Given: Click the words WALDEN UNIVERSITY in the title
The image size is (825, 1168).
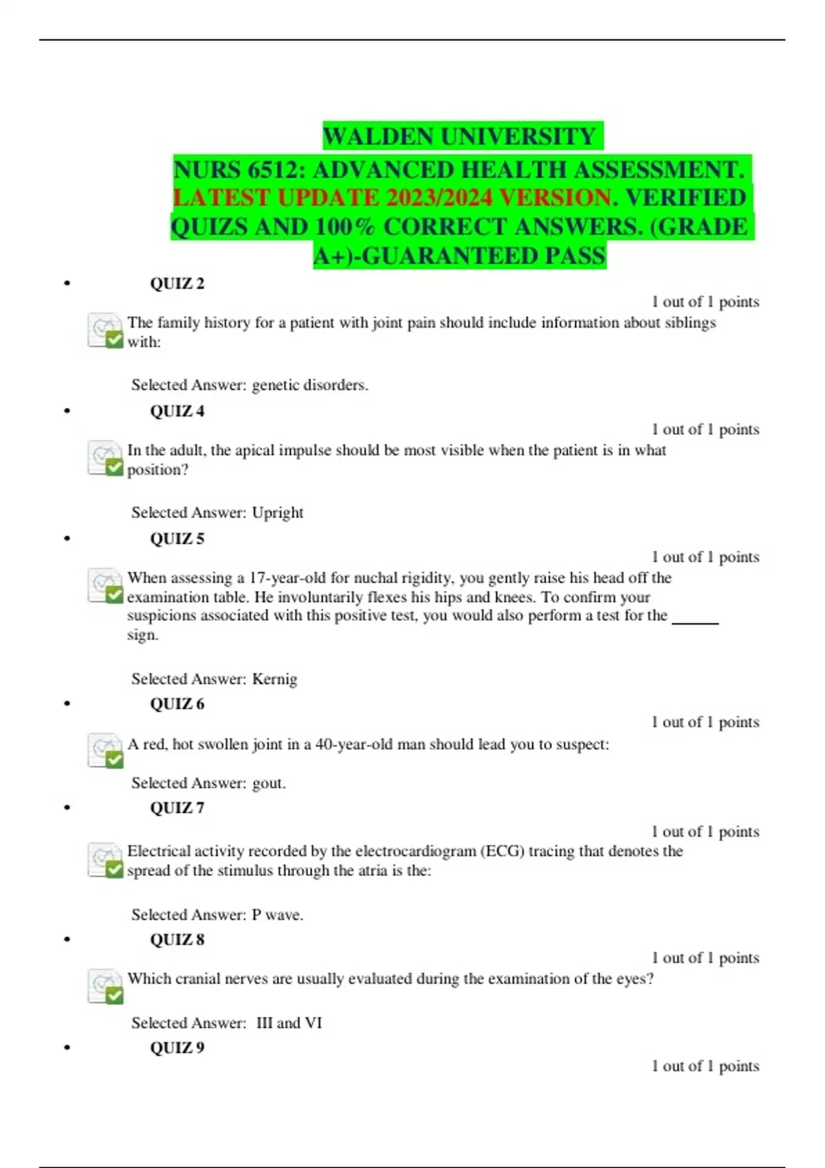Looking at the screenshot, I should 459,136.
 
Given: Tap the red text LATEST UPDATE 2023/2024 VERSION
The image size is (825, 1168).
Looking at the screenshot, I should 391,198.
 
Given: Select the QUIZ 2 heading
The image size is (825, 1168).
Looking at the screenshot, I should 177,283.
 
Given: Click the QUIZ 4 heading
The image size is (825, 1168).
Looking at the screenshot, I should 177,411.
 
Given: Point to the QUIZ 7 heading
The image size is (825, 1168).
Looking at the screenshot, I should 177,807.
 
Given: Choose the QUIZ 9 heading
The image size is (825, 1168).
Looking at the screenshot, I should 177,1047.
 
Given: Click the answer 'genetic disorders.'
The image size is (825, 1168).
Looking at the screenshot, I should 310,385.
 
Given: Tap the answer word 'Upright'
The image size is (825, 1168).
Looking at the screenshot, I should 278,513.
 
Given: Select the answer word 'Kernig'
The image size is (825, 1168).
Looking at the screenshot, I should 274,679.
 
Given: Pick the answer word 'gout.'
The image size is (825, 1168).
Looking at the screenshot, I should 269,783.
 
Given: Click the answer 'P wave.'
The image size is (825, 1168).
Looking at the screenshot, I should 277,914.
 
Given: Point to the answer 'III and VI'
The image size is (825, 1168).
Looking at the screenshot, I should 289,1022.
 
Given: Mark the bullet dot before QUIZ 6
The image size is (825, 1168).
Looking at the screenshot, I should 67,704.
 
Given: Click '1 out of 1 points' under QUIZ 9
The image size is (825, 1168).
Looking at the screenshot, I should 705,1066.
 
